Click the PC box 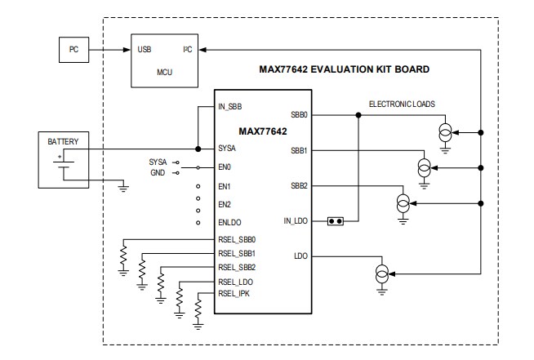click(x=73, y=49)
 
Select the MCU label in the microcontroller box click(x=164, y=72)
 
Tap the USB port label click(x=145, y=50)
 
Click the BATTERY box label click(x=62, y=141)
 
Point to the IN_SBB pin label click(x=230, y=107)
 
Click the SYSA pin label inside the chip click(x=227, y=149)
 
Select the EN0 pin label click(x=225, y=167)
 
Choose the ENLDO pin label click(x=229, y=222)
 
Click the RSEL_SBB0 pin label click(x=238, y=240)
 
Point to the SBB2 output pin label click(x=299, y=186)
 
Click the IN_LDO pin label click(x=296, y=220)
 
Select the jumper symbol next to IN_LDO click(x=334, y=220)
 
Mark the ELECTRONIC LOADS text click(x=402, y=104)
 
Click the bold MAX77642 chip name click(x=263, y=131)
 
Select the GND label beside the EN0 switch click(x=158, y=173)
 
